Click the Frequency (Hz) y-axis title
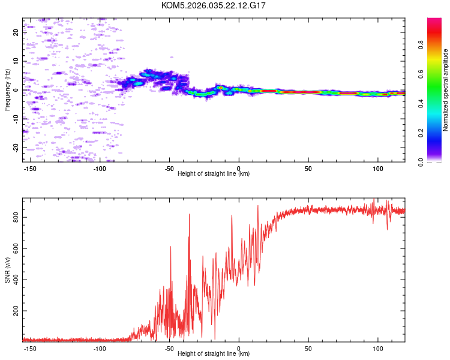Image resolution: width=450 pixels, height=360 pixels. click(x=7, y=89)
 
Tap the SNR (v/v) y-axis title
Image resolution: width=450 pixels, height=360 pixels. click(x=7, y=270)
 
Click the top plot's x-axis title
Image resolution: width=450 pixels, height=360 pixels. click(x=214, y=174)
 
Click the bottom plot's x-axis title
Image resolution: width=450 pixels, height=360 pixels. click(x=214, y=353)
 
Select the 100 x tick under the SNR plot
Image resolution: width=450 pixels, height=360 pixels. click(x=378, y=347)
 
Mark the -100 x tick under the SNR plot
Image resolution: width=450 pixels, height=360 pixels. click(x=100, y=347)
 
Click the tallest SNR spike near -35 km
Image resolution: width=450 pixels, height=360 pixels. click(x=190, y=214)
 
